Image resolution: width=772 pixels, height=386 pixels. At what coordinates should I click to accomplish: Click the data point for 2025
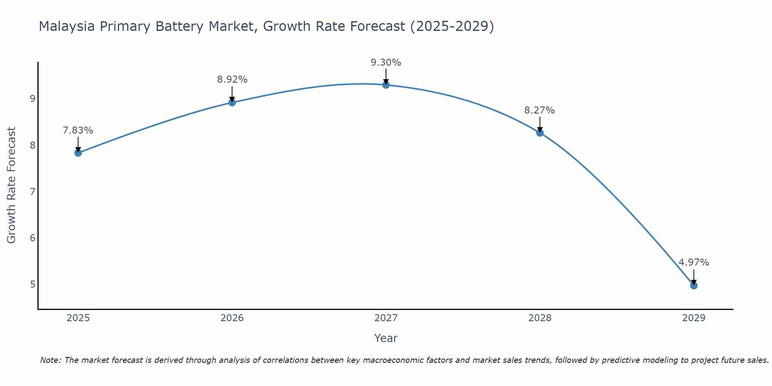(x=78, y=152)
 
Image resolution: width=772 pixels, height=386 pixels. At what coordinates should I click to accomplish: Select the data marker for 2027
(x=386, y=85)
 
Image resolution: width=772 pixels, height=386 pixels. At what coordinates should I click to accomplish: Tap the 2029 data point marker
(x=694, y=286)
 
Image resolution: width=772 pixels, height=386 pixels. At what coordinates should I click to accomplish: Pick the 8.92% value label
(x=232, y=80)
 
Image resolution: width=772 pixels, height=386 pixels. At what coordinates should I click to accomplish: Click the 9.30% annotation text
(x=386, y=63)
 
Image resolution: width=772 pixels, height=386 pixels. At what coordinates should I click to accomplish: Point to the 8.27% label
(x=539, y=110)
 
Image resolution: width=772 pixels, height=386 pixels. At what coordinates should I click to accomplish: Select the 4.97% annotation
(x=694, y=262)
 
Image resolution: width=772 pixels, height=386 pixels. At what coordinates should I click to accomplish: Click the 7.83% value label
(x=78, y=130)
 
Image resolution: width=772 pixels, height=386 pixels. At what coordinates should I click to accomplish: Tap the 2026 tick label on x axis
(x=232, y=318)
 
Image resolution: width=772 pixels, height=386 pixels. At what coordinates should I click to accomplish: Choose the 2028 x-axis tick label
(x=540, y=318)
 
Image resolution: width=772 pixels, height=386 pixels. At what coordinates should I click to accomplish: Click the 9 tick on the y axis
(x=32, y=99)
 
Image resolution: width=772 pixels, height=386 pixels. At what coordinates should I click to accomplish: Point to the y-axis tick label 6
(x=32, y=238)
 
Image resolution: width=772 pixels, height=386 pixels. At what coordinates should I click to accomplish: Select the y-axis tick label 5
(x=32, y=284)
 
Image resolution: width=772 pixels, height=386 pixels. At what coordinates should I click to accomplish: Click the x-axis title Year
(x=386, y=338)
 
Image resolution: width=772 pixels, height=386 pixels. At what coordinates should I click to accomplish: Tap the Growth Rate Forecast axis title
(x=12, y=185)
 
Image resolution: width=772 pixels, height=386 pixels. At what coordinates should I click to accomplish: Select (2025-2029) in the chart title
(x=452, y=26)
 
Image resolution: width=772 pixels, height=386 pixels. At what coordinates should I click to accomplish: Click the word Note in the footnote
(x=50, y=360)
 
